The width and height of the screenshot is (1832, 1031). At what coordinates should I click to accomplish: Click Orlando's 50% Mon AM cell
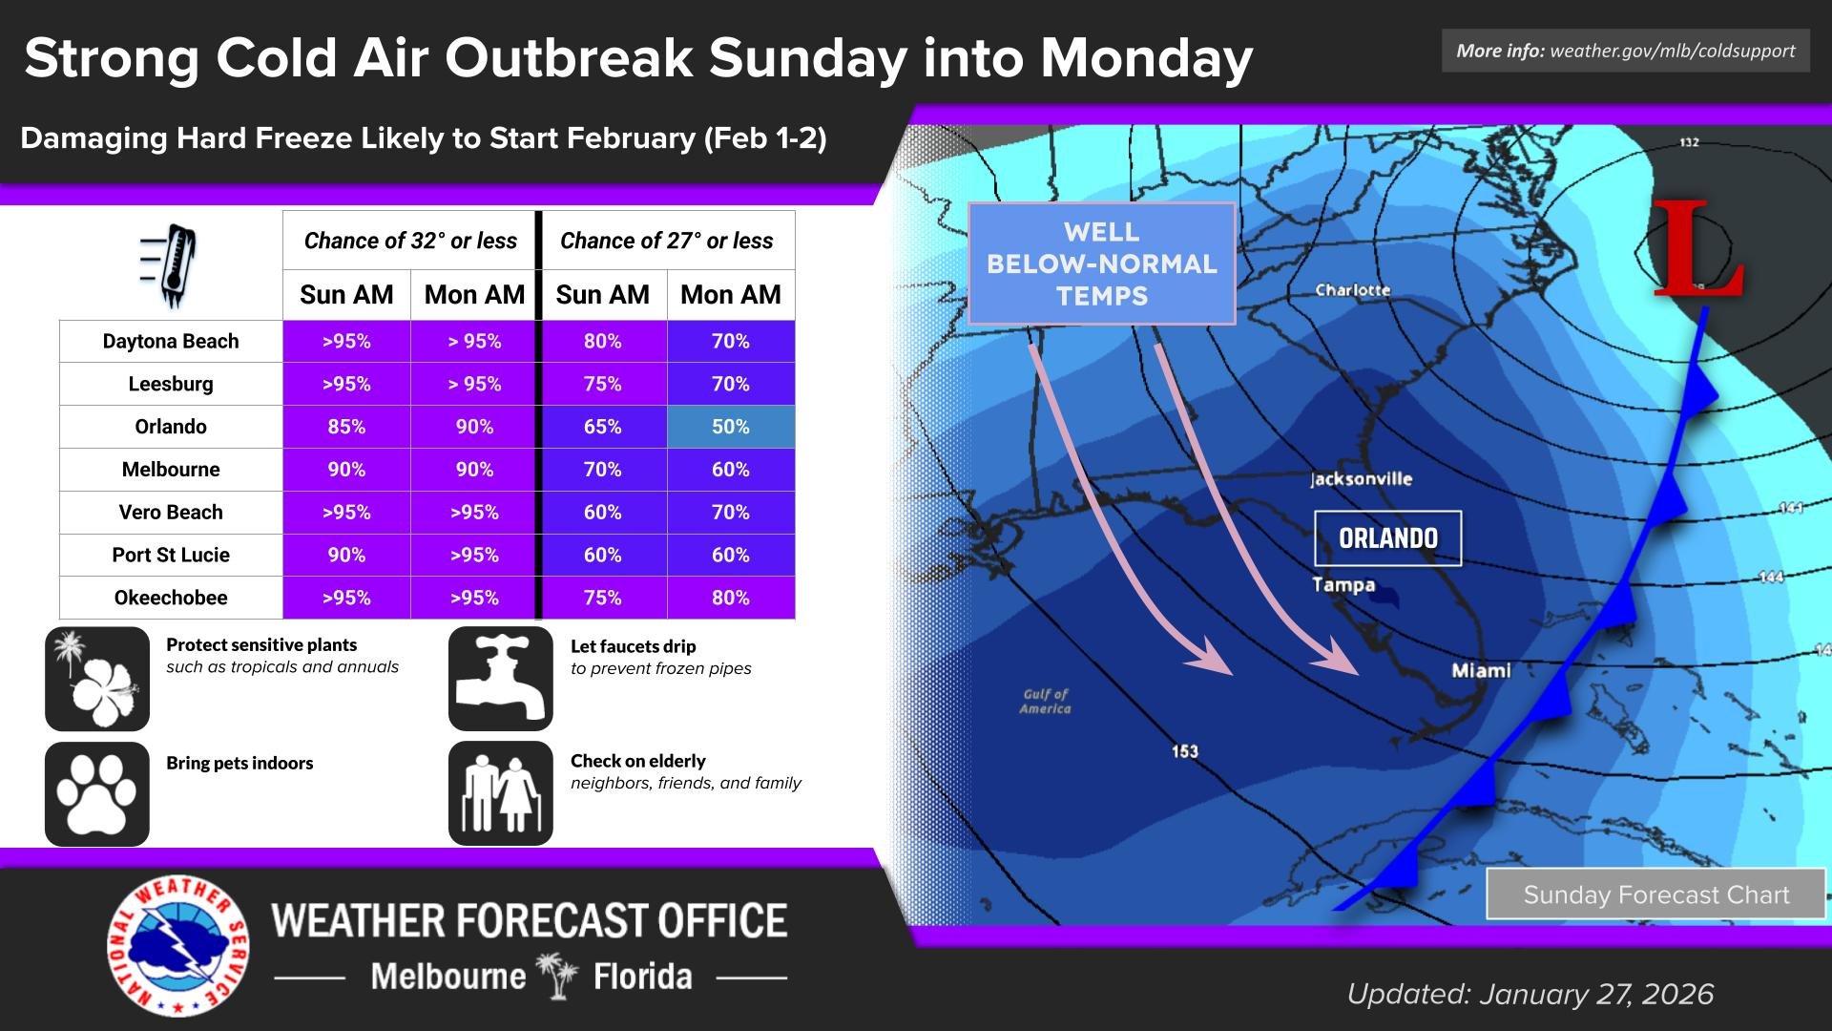730,427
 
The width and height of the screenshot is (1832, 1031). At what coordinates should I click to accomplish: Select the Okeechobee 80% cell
730,598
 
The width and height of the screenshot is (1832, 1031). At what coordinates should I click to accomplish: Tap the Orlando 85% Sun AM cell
346,427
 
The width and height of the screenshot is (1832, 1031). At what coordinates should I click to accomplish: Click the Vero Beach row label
171,513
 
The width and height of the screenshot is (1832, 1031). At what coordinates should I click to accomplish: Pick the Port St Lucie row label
171,556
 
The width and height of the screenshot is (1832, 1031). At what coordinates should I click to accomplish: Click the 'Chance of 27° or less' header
667,241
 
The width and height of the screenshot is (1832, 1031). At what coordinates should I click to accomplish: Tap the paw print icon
97,793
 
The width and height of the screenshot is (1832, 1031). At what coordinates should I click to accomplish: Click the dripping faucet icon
500,678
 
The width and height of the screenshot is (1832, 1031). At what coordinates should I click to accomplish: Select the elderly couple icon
500,793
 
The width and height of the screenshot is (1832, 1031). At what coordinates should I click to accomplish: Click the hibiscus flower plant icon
97,679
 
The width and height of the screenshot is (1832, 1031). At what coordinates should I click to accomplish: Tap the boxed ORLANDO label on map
1387,538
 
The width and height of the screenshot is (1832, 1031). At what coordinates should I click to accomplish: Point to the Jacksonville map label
1361,479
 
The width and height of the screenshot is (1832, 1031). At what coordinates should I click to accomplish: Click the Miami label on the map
1481,671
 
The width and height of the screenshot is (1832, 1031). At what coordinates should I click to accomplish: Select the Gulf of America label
1046,702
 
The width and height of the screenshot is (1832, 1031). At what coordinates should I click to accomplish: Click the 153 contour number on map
1184,751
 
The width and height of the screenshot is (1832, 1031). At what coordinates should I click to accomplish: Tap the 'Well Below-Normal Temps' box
1102,263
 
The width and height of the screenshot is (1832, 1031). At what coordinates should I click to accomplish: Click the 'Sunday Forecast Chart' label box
1655,894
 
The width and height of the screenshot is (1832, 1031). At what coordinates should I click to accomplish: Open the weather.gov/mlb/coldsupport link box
1625,51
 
